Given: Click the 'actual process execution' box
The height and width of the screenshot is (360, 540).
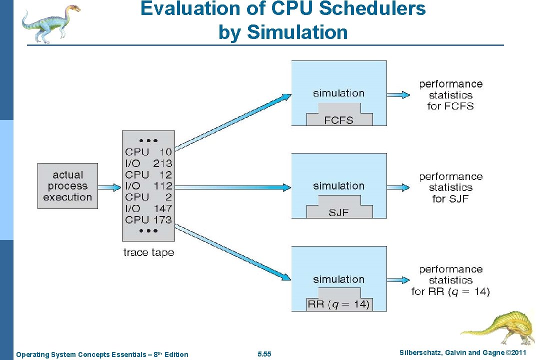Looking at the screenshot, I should [x=67, y=186].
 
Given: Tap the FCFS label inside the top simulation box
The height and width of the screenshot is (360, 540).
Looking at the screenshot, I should [x=339, y=120].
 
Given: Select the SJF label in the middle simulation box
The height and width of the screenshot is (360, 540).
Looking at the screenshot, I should [x=338, y=212].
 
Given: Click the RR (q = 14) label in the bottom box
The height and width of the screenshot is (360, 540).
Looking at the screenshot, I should [x=338, y=304].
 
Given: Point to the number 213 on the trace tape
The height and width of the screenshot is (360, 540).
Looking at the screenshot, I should [x=162, y=163].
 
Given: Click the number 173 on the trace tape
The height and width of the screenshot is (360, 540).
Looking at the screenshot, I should [x=162, y=219].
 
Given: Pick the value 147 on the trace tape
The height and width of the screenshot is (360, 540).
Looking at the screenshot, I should [x=162, y=208].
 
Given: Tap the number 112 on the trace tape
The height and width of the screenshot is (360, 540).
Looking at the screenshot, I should [x=162, y=186].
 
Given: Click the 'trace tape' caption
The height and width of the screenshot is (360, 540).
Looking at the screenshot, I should [x=148, y=252].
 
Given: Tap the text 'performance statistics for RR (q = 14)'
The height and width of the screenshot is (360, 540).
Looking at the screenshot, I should [x=450, y=280].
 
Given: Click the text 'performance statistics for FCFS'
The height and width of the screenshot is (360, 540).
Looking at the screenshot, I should [x=450, y=95].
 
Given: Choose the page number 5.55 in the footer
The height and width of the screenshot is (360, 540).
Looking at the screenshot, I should [x=264, y=354].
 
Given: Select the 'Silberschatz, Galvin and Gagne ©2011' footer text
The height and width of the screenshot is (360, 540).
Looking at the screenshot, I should [x=463, y=353].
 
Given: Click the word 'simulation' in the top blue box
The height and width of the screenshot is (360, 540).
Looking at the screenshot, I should [x=338, y=93].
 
